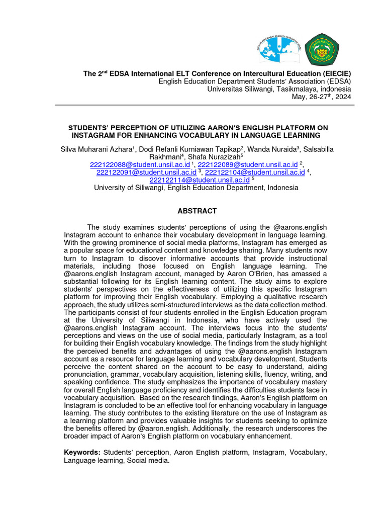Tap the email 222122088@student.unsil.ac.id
point(140,164)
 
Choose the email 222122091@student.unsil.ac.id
point(146,172)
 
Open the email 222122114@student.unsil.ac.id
point(200,180)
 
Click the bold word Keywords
point(82,453)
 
